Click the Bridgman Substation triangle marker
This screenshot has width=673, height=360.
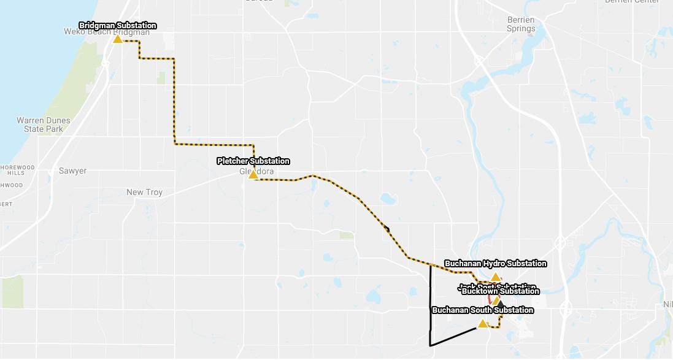pos(117,39)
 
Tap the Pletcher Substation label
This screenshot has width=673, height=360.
pos(253,161)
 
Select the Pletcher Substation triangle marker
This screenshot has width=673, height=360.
pos(253,175)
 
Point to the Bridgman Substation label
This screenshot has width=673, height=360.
pos(118,26)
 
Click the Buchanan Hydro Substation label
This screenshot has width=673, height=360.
pos(495,264)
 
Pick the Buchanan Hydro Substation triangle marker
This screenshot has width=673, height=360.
pos(495,277)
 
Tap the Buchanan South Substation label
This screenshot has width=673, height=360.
pos(483,310)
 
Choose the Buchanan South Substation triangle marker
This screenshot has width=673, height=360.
pos(483,324)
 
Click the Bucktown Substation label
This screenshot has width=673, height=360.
pos(500,291)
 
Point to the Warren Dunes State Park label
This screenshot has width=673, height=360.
pos(43,124)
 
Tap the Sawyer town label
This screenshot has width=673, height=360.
pos(72,170)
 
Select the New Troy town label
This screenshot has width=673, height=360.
pos(144,192)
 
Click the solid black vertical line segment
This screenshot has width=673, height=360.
pos(429,307)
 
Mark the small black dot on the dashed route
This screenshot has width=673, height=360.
pos(387,229)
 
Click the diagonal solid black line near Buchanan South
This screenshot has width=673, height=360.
pos(454,337)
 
